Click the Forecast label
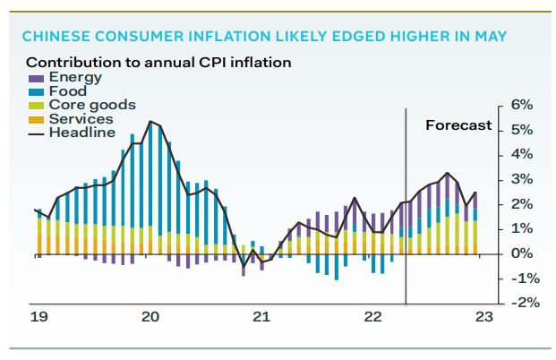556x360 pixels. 458,124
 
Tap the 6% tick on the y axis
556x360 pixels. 521,105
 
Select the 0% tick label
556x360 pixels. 521,253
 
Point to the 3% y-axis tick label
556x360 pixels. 521,179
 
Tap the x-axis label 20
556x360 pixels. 150,316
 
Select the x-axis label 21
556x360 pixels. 261,316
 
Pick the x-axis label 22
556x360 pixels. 372,316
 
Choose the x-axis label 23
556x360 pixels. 483,316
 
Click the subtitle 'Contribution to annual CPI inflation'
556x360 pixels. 158,63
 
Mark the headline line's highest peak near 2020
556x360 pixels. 150,121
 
